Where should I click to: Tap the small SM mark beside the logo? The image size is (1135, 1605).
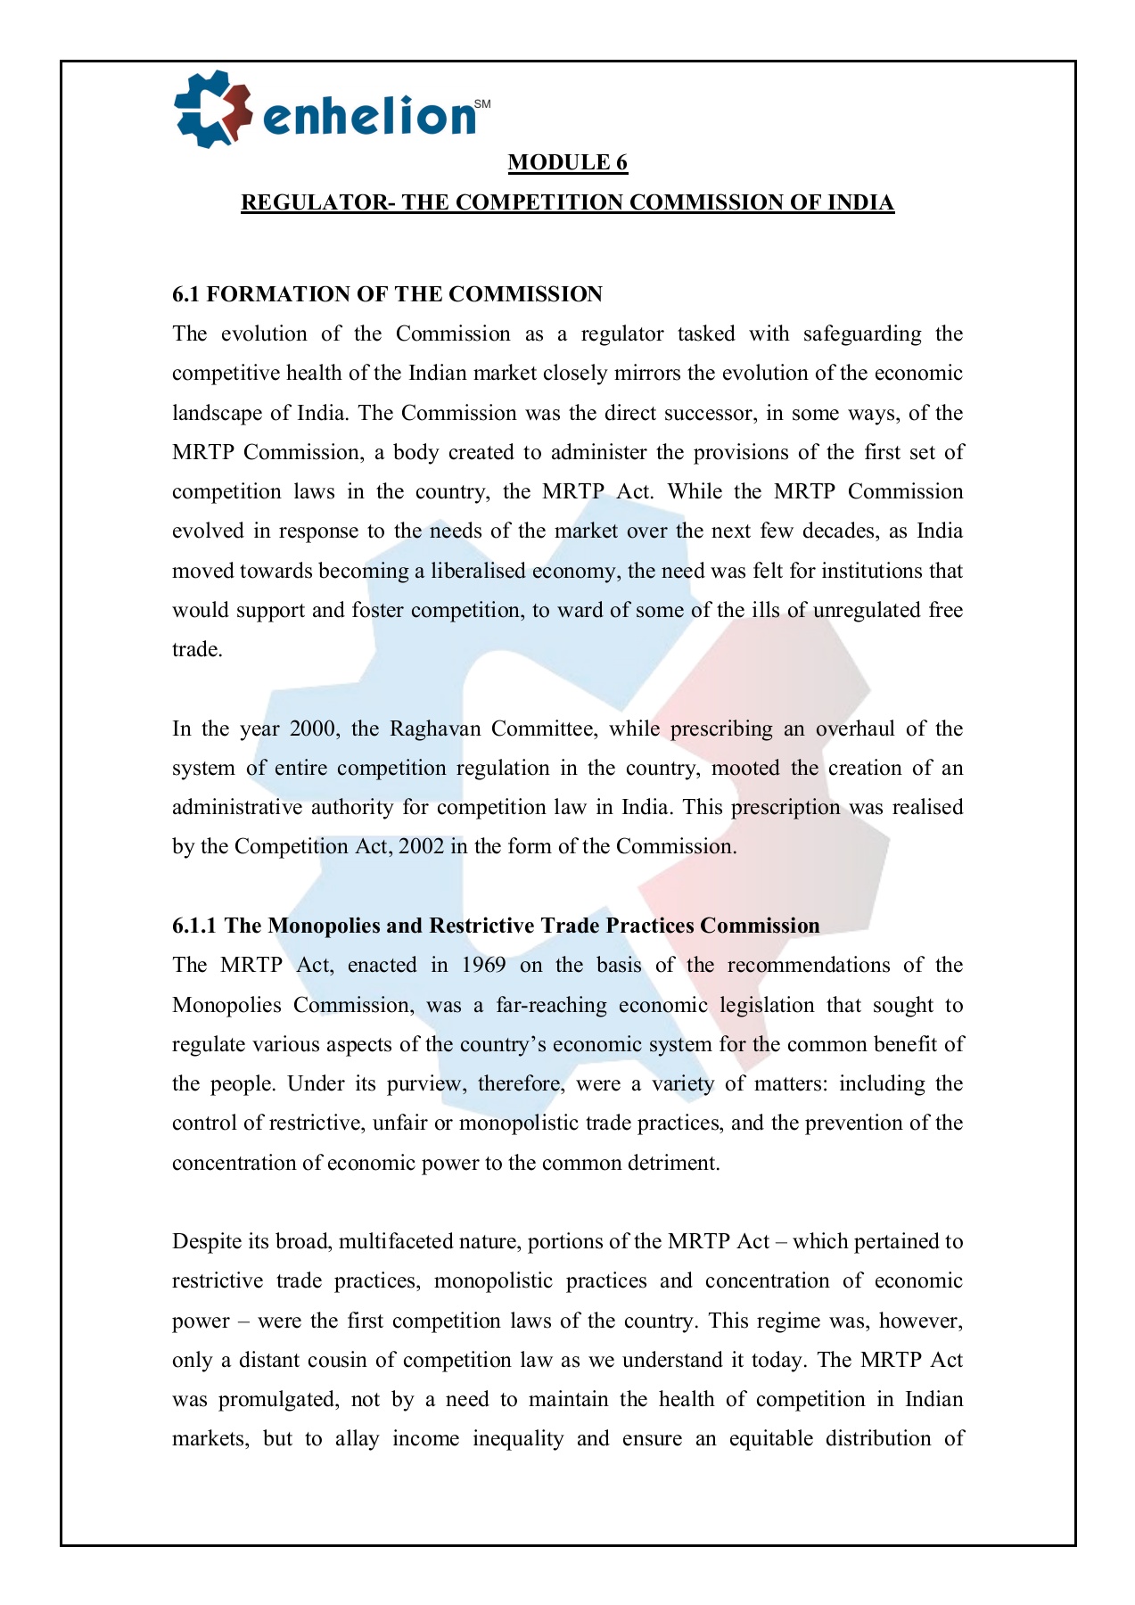coord(482,104)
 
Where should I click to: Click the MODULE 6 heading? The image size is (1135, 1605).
coord(568,162)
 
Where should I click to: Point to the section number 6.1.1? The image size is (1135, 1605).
coord(194,926)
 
